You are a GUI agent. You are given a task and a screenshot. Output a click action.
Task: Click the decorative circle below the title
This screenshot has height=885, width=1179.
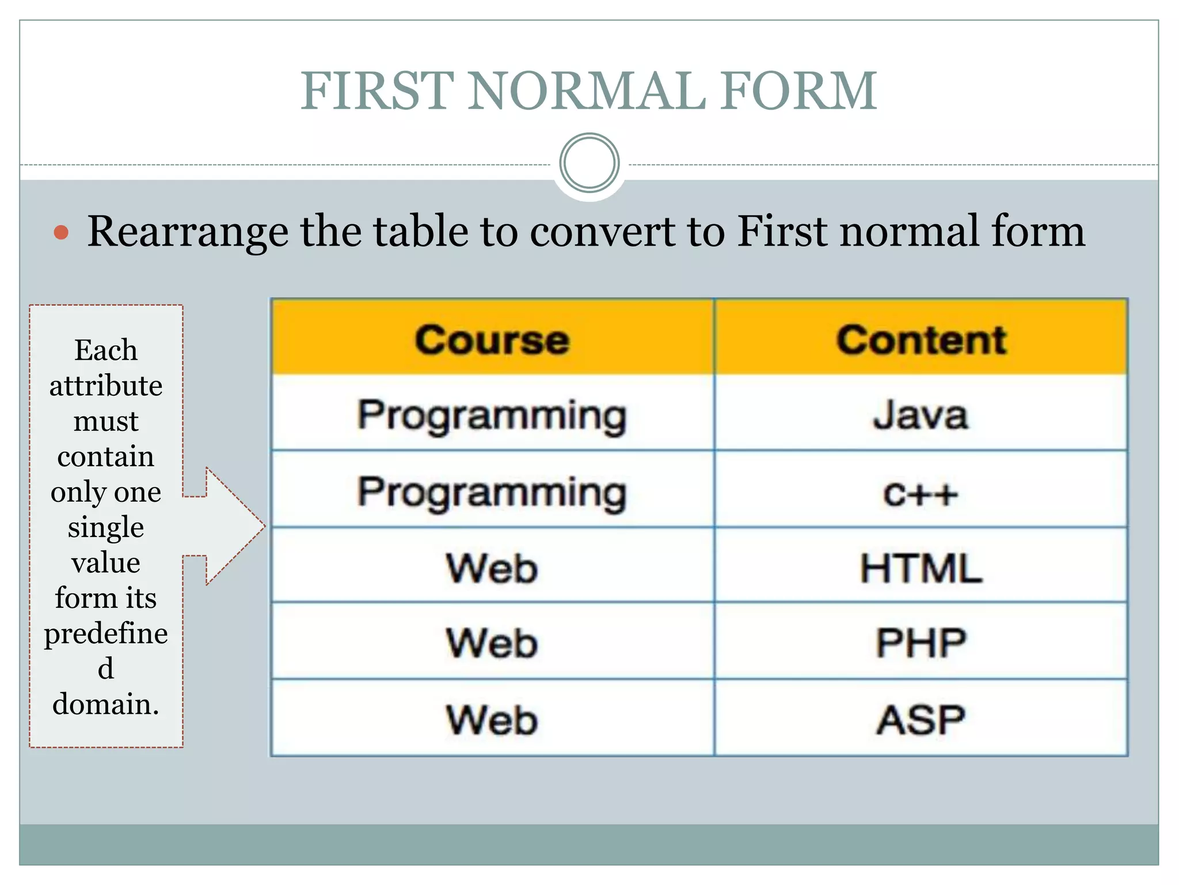click(589, 163)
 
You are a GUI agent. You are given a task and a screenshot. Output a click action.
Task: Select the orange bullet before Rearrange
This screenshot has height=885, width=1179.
click(61, 233)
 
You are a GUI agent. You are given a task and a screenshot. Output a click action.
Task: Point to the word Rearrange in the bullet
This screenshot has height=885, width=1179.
click(187, 232)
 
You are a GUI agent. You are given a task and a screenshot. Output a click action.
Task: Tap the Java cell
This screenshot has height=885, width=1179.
click(921, 415)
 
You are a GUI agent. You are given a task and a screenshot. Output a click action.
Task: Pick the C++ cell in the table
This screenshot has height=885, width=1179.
click(921, 493)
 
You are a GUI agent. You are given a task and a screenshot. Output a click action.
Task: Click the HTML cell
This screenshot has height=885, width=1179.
click(921, 568)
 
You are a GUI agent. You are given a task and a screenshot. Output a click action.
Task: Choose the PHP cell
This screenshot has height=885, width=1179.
click(921, 643)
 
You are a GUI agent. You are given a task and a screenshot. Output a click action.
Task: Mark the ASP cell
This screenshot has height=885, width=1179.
click(921, 720)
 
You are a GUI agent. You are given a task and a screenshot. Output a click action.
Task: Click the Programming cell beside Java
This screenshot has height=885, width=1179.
click(492, 415)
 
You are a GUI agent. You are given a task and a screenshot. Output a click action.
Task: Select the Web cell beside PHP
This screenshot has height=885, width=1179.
click(492, 643)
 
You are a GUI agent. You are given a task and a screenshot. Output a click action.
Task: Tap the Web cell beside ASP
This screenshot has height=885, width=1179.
click(492, 720)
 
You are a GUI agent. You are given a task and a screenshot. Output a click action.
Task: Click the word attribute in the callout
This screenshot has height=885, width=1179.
click(106, 385)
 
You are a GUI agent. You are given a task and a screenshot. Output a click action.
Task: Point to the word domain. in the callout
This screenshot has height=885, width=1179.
click(106, 704)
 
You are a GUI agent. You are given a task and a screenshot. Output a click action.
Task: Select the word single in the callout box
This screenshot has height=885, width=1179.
click(106, 527)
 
